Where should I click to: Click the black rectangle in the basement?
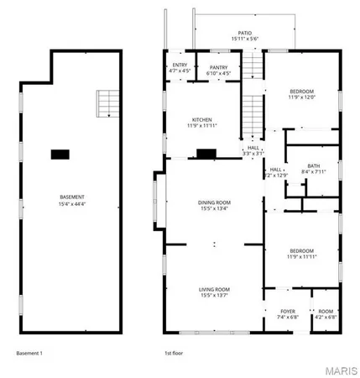[60, 154]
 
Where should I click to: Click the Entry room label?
[180, 67]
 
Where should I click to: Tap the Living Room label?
[215, 292]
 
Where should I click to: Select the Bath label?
[314, 169]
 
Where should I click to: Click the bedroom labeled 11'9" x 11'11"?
[302, 253]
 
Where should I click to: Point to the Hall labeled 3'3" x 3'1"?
[253, 150]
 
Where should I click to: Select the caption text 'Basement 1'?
[31, 354]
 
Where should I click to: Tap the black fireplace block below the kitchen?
[206, 154]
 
